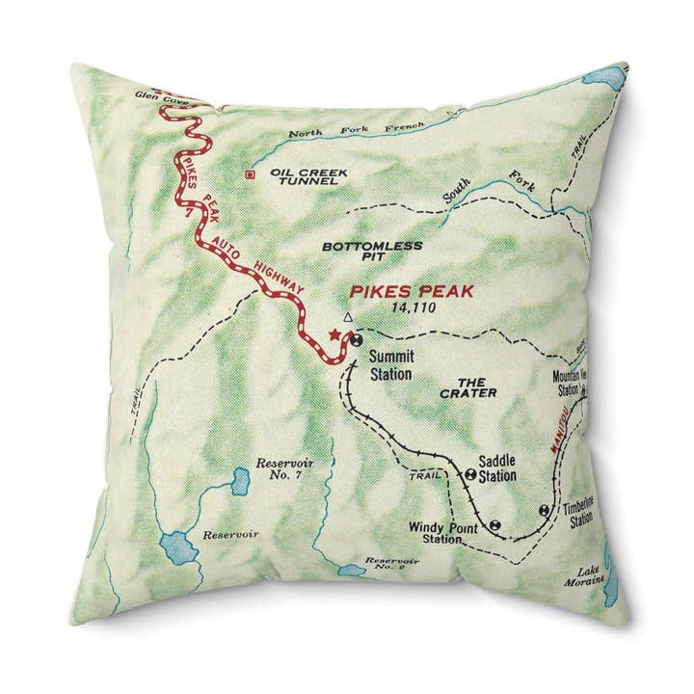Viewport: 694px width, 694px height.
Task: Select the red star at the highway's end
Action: [334, 334]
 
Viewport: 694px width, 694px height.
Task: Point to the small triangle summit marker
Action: [349, 315]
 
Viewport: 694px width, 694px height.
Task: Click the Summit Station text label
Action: [391, 364]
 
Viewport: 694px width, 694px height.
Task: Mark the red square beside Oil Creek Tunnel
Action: [251, 174]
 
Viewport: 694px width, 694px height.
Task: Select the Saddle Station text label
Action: [496, 468]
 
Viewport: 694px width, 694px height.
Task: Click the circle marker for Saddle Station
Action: [469, 473]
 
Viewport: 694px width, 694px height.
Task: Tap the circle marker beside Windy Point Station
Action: [494, 525]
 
